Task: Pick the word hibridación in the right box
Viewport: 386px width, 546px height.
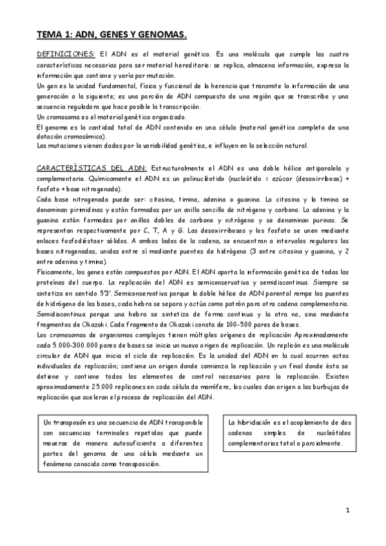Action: (267, 421)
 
